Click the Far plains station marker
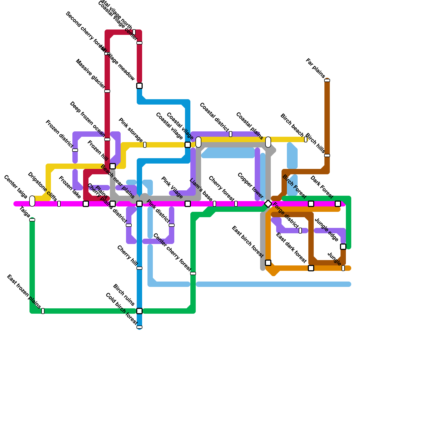pyautogui.click(x=327, y=80)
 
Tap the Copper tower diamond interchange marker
pyautogui.click(x=268, y=204)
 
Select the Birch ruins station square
pyautogui.click(x=139, y=311)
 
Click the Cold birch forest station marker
pyautogui.click(x=139, y=327)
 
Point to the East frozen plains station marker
pyautogui.click(x=43, y=311)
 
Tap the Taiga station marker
pyautogui.click(x=32, y=220)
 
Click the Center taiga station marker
pyautogui.click(x=32, y=201)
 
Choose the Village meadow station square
pyautogui.click(x=139, y=86)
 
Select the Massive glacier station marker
pyautogui.click(x=107, y=91)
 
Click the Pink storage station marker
pyautogui.click(x=145, y=145)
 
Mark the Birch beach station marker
pyautogui.click(x=306, y=139)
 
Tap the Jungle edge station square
pyautogui.click(x=343, y=247)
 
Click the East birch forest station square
pyautogui.click(x=268, y=263)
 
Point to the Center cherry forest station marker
pyautogui.click(x=193, y=273)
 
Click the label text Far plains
pyautogui.click(x=315, y=68)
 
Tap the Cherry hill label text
pyautogui.click(x=127, y=256)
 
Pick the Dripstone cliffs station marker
pyautogui.click(x=59, y=204)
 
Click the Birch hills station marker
pyautogui.click(x=327, y=156)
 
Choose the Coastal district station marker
pyautogui.click(x=231, y=134)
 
